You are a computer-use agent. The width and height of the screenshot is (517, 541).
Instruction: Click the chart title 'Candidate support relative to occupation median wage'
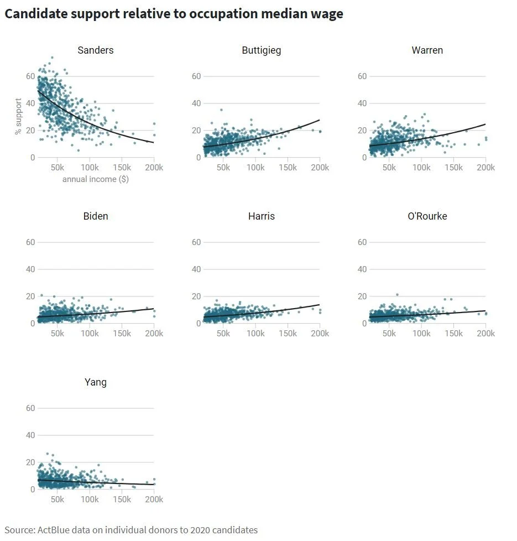(174, 14)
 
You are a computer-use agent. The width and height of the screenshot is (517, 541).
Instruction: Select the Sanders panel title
(96, 50)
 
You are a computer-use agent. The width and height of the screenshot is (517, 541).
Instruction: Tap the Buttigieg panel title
(262, 50)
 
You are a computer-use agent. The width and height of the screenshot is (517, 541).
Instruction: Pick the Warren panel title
(427, 50)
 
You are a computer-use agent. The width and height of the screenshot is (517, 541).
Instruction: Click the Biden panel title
(96, 216)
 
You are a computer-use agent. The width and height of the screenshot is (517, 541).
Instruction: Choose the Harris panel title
(262, 216)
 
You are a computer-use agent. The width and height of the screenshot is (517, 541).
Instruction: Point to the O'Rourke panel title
(427, 216)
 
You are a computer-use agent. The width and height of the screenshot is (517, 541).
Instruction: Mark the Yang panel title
(96, 382)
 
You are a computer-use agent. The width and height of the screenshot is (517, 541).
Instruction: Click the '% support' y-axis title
(19, 117)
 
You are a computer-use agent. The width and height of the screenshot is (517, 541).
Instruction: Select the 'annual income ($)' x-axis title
(96, 179)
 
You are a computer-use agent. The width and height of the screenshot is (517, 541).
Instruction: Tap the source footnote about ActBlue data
(131, 530)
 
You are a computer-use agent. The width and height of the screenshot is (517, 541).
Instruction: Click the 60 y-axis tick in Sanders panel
(30, 76)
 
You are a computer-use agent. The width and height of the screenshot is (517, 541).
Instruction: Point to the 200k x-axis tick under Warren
(486, 168)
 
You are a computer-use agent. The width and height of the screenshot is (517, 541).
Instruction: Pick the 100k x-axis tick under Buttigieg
(255, 168)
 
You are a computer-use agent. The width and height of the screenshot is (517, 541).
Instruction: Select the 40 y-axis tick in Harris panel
(196, 269)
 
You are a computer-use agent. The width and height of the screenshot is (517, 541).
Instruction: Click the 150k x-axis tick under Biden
(122, 334)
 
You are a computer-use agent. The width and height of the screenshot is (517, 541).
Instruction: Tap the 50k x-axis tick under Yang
(58, 500)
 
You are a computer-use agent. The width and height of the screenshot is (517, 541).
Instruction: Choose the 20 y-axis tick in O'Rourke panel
(362, 296)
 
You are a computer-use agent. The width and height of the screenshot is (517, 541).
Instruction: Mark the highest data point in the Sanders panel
(52, 58)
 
